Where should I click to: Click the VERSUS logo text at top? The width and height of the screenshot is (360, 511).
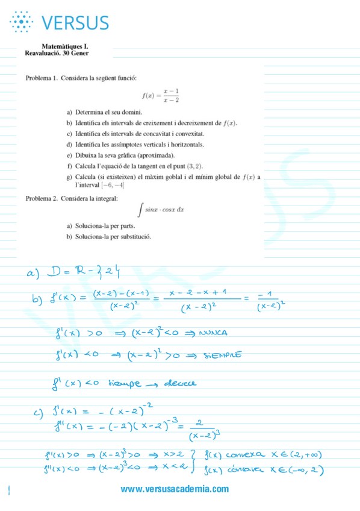pyautogui.click(x=75, y=23)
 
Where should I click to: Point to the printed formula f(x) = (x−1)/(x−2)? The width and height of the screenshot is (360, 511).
pyautogui.click(x=161, y=95)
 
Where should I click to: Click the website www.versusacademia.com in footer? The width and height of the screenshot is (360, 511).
pyautogui.click(x=175, y=489)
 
